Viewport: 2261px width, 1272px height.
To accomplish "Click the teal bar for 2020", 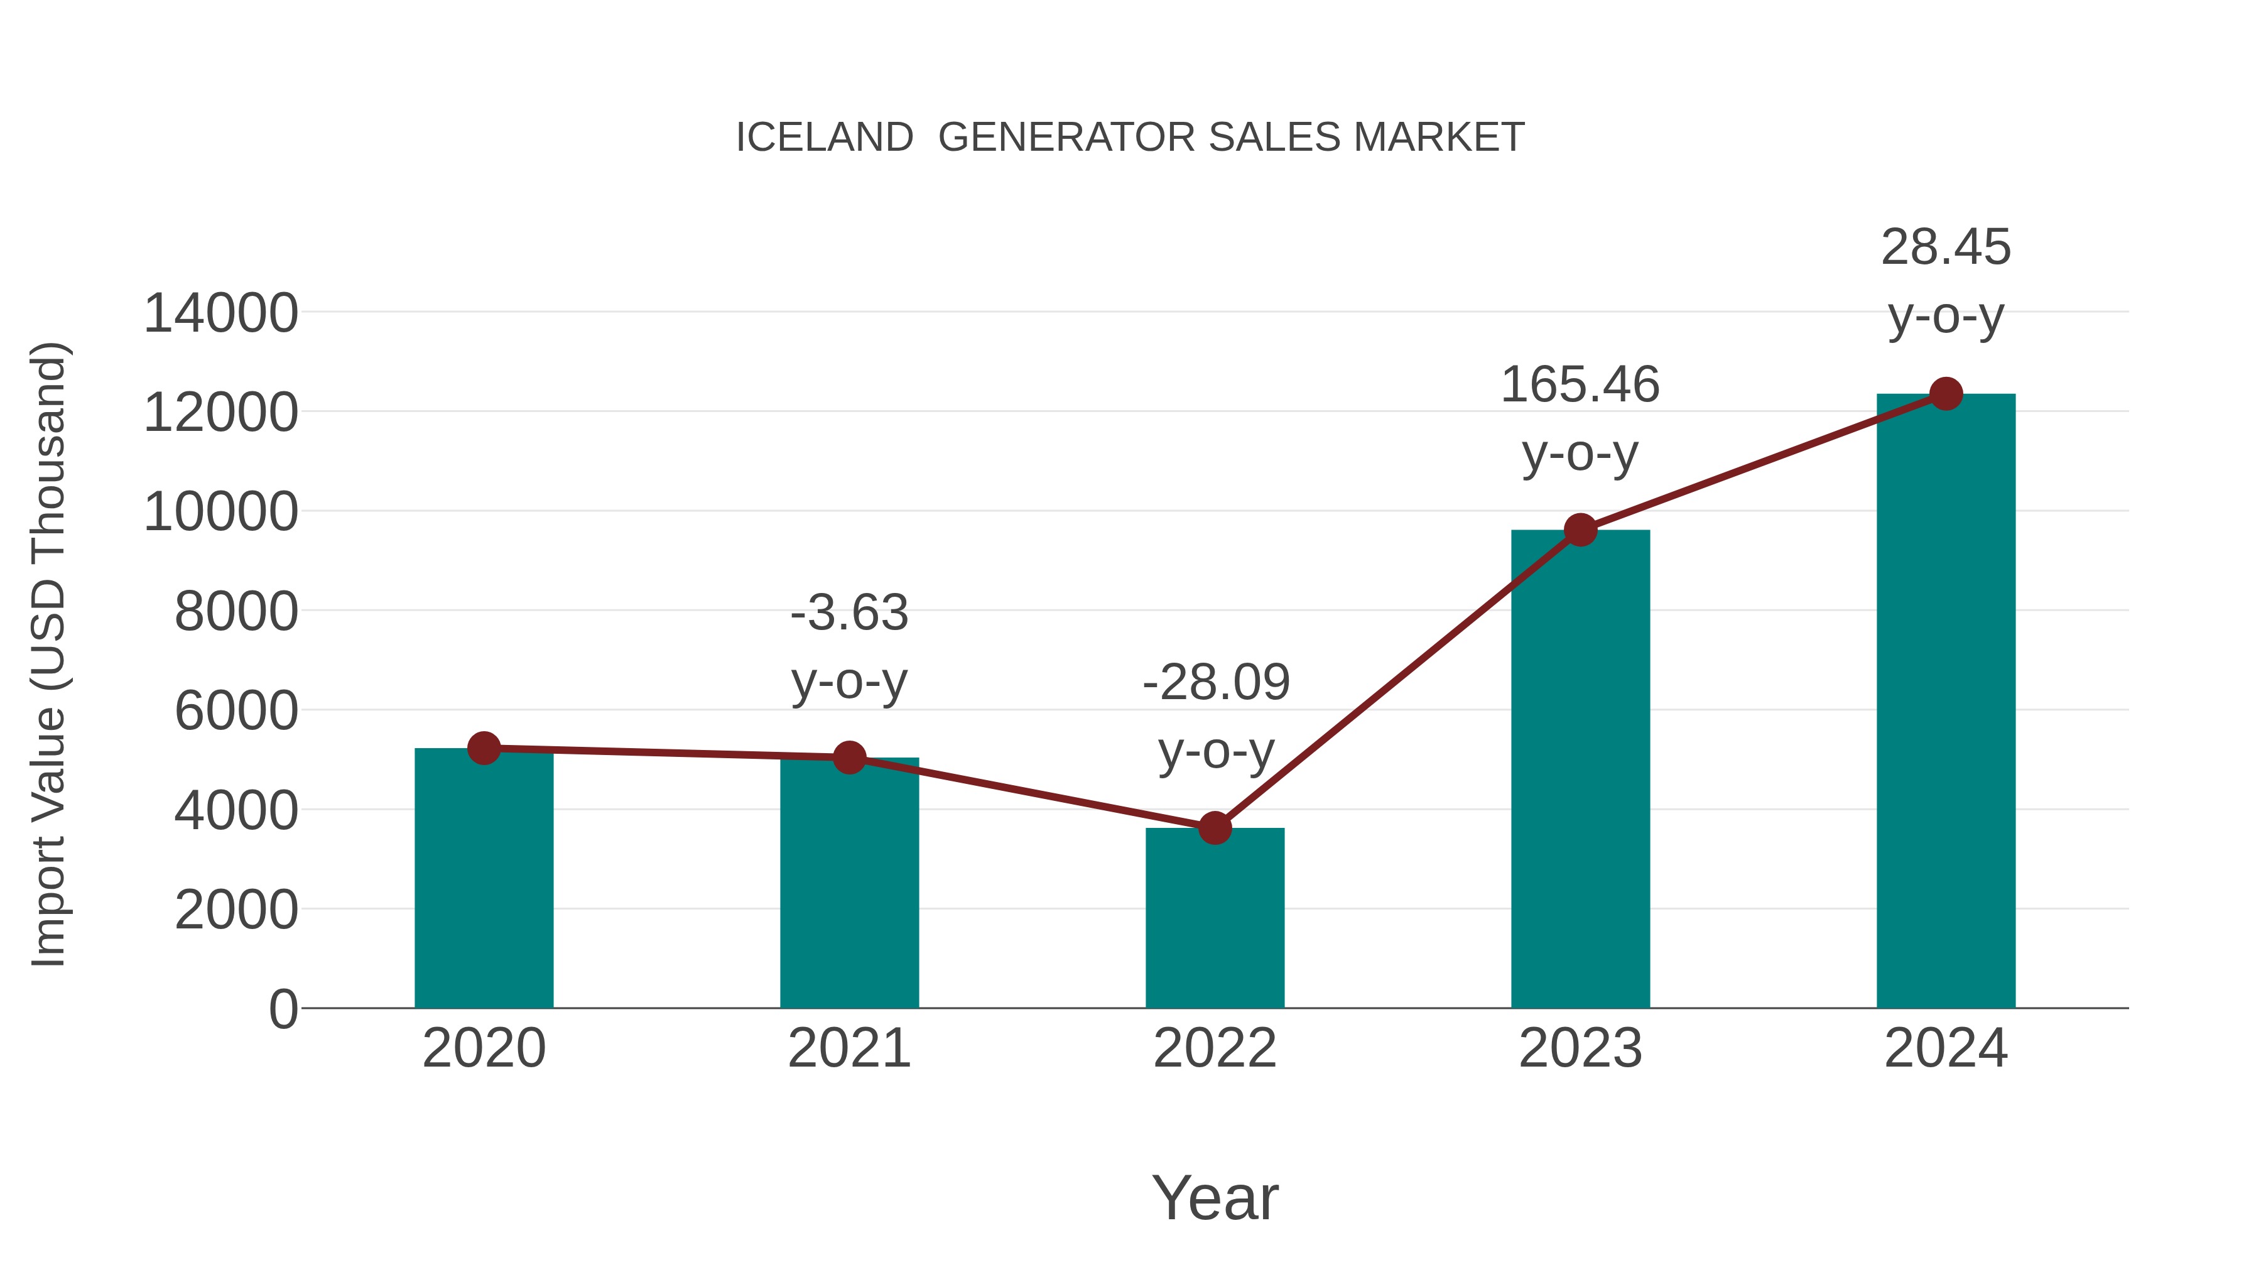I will point(484,878).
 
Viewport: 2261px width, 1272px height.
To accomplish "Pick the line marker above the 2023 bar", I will point(1580,530).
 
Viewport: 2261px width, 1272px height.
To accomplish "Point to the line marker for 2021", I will point(849,757).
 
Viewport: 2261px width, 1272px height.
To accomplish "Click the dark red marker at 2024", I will point(1946,394).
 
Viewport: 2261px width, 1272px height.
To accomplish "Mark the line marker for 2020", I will point(484,748).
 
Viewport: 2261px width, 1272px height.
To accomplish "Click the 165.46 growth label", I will point(1580,386).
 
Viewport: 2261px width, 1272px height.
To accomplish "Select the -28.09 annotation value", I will point(1216,683).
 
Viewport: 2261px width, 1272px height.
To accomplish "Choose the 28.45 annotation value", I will point(1946,247).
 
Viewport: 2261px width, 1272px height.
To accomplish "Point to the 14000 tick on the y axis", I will point(220,313).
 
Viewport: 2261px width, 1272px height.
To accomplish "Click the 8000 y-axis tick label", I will point(236,612).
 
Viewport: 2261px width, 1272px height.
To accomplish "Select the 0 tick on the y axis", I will point(283,1009).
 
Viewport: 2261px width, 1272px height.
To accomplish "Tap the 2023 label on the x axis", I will point(1580,1048).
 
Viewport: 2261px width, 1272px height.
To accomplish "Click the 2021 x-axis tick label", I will point(849,1048).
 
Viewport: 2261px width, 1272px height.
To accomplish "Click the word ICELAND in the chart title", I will point(824,138).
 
